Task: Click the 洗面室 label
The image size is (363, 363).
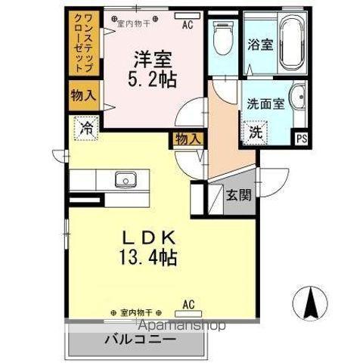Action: [x=264, y=104]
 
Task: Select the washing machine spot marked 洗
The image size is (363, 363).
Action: [x=256, y=131]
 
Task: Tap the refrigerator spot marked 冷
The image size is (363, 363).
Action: [x=87, y=129]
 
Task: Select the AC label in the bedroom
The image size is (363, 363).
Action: [x=186, y=23]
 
